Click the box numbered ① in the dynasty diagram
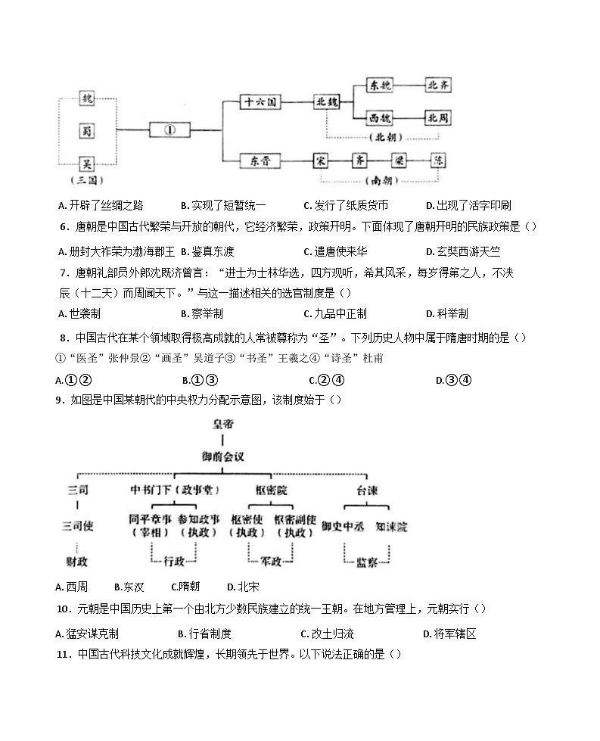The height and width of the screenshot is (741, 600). [170, 130]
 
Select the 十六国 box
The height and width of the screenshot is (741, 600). [260, 101]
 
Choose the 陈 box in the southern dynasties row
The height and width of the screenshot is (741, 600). [439, 160]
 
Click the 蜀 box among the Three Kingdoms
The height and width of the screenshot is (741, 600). [87, 130]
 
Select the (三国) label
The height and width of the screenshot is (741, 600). [86, 181]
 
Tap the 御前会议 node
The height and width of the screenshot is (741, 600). [223, 456]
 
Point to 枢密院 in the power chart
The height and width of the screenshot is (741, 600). [271, 491]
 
